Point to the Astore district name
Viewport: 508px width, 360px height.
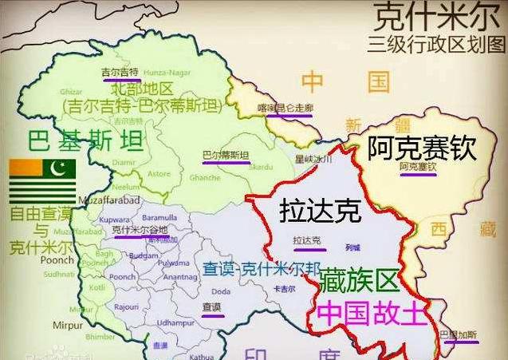click(159, 172)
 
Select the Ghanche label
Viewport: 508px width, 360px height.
click(205, 177)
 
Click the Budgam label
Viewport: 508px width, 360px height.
click(144, 256)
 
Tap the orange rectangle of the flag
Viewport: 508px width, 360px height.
click(26, 168)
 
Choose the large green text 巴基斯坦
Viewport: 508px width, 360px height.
click(85, 141)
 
